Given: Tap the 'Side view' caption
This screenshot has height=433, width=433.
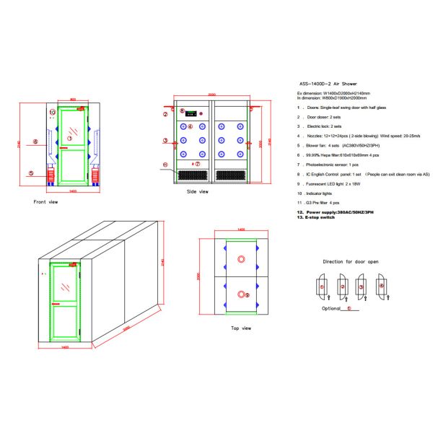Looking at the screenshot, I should point(197,191).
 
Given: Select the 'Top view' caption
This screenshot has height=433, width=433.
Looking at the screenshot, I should point(240,328).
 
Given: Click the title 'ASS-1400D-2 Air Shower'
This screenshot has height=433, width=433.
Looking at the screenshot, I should point(328,84).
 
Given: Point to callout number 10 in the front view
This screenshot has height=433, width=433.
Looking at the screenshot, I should point(53,113).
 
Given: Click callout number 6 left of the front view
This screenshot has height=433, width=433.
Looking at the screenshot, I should point(35,141).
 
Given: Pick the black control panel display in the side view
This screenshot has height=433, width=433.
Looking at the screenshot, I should point(191,113).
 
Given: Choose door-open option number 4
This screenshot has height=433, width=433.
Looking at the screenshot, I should point(382,287).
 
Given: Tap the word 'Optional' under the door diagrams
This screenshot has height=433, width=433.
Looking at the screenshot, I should point(331,308).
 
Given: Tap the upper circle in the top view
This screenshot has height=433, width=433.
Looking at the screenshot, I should point(240,258).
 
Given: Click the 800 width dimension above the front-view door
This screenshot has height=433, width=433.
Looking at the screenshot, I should point(73,100).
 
